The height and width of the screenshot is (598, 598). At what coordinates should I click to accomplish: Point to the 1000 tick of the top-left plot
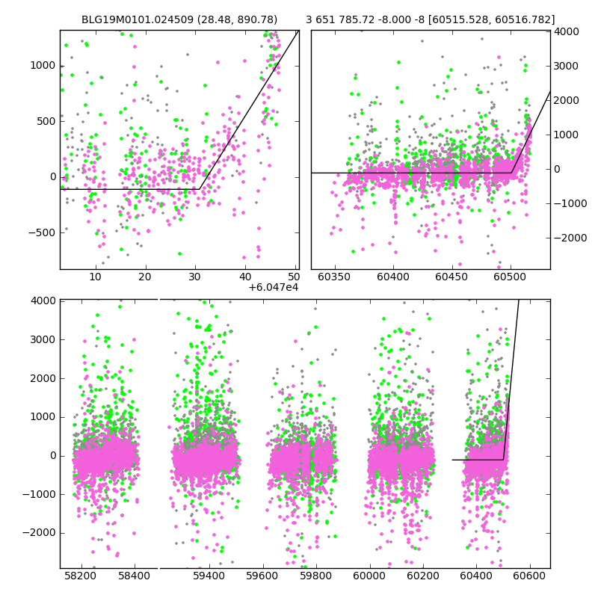(43, 66)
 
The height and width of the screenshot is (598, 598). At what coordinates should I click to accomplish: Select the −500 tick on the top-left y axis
(40, 232)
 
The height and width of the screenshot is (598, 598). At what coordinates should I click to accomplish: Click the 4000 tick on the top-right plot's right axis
(566, 31)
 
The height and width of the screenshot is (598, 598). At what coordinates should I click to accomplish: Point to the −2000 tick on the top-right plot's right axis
(570, 238)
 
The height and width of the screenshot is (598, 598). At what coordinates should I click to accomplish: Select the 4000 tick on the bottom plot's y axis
(43, 300)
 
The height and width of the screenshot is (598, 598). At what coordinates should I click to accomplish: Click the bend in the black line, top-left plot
(199, 189)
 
